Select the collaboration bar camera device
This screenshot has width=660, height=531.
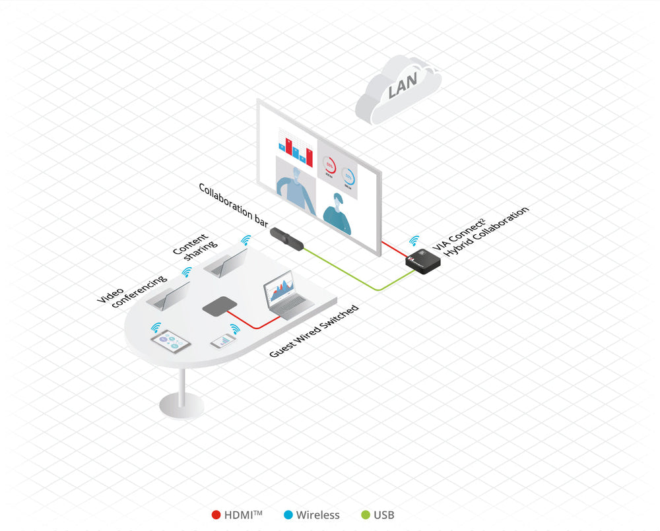[x=288, y=238]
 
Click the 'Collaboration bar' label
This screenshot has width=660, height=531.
[x=234, y=205]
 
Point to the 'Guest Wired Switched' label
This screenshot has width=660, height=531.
[x=314, y=331]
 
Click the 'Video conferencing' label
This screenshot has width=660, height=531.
[x=131, y=290]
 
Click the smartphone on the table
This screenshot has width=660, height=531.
[x=222, y=340]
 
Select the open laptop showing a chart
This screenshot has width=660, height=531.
[x=284, y=297]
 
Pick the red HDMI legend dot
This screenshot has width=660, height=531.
[x=216, y=515]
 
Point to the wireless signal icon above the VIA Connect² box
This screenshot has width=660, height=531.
[x=415, y=241]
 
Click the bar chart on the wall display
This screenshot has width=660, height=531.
[x=292, y=146]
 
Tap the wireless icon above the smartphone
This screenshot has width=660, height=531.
[x=234, y=328]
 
